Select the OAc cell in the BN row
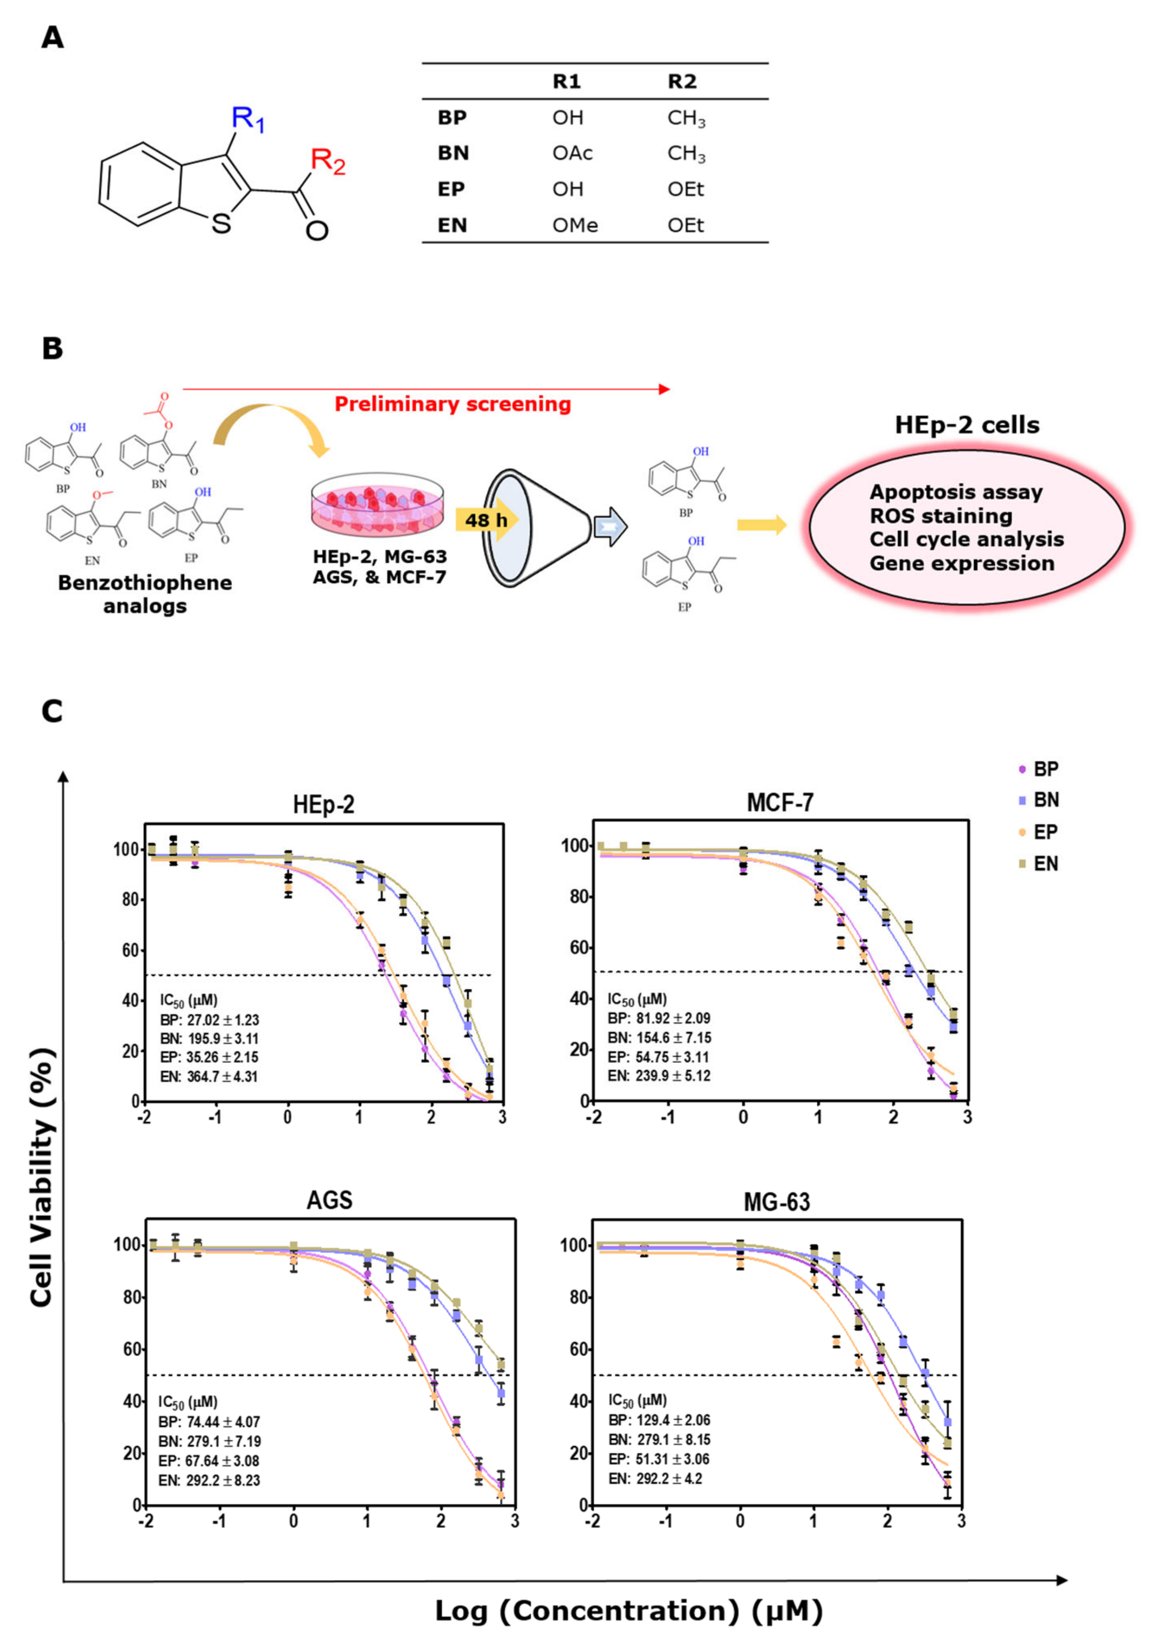(x=572, y=153)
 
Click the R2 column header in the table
(x=681, y=81)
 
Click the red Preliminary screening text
(x=453, y=404)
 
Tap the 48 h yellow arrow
(x=486, y=519)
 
